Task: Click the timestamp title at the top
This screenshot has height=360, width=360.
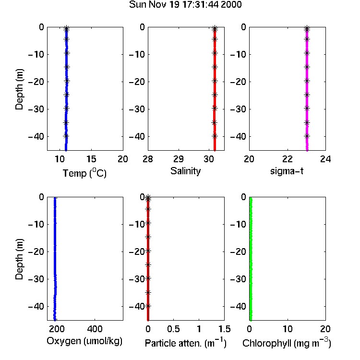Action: pos(185,5)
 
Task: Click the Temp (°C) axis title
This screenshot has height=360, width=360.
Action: pos(84,173)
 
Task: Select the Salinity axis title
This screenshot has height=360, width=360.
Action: pos(185,171)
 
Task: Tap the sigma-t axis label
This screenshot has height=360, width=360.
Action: pos(287,171)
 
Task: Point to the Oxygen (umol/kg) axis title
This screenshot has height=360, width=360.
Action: pos(84,341)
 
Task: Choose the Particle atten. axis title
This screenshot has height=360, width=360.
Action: pos(185,343)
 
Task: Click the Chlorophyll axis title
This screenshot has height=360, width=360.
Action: pos(287,343)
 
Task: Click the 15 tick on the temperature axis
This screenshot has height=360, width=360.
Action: pos(91,159)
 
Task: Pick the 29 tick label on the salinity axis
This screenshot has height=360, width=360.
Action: pos(179,159)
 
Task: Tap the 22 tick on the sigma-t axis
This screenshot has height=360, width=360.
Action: pos(288,159)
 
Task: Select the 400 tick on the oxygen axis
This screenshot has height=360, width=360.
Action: pos(95,329)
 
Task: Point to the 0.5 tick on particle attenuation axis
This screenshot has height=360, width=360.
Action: pos(173,329)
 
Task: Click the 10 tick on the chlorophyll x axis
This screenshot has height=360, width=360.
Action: pos(288,329)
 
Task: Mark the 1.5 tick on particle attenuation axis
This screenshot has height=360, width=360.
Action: pos(225,329)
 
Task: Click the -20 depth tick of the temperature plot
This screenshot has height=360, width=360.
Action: pos(36,82)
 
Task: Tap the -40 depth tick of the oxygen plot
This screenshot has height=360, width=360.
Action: pos(36,306)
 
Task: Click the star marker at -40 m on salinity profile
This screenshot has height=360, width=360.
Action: pos(215,136)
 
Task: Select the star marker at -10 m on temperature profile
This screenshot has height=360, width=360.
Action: pos(67,53)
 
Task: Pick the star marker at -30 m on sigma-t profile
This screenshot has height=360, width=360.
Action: pos(307,108)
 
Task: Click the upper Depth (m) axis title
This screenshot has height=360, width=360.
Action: pos(19,89)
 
